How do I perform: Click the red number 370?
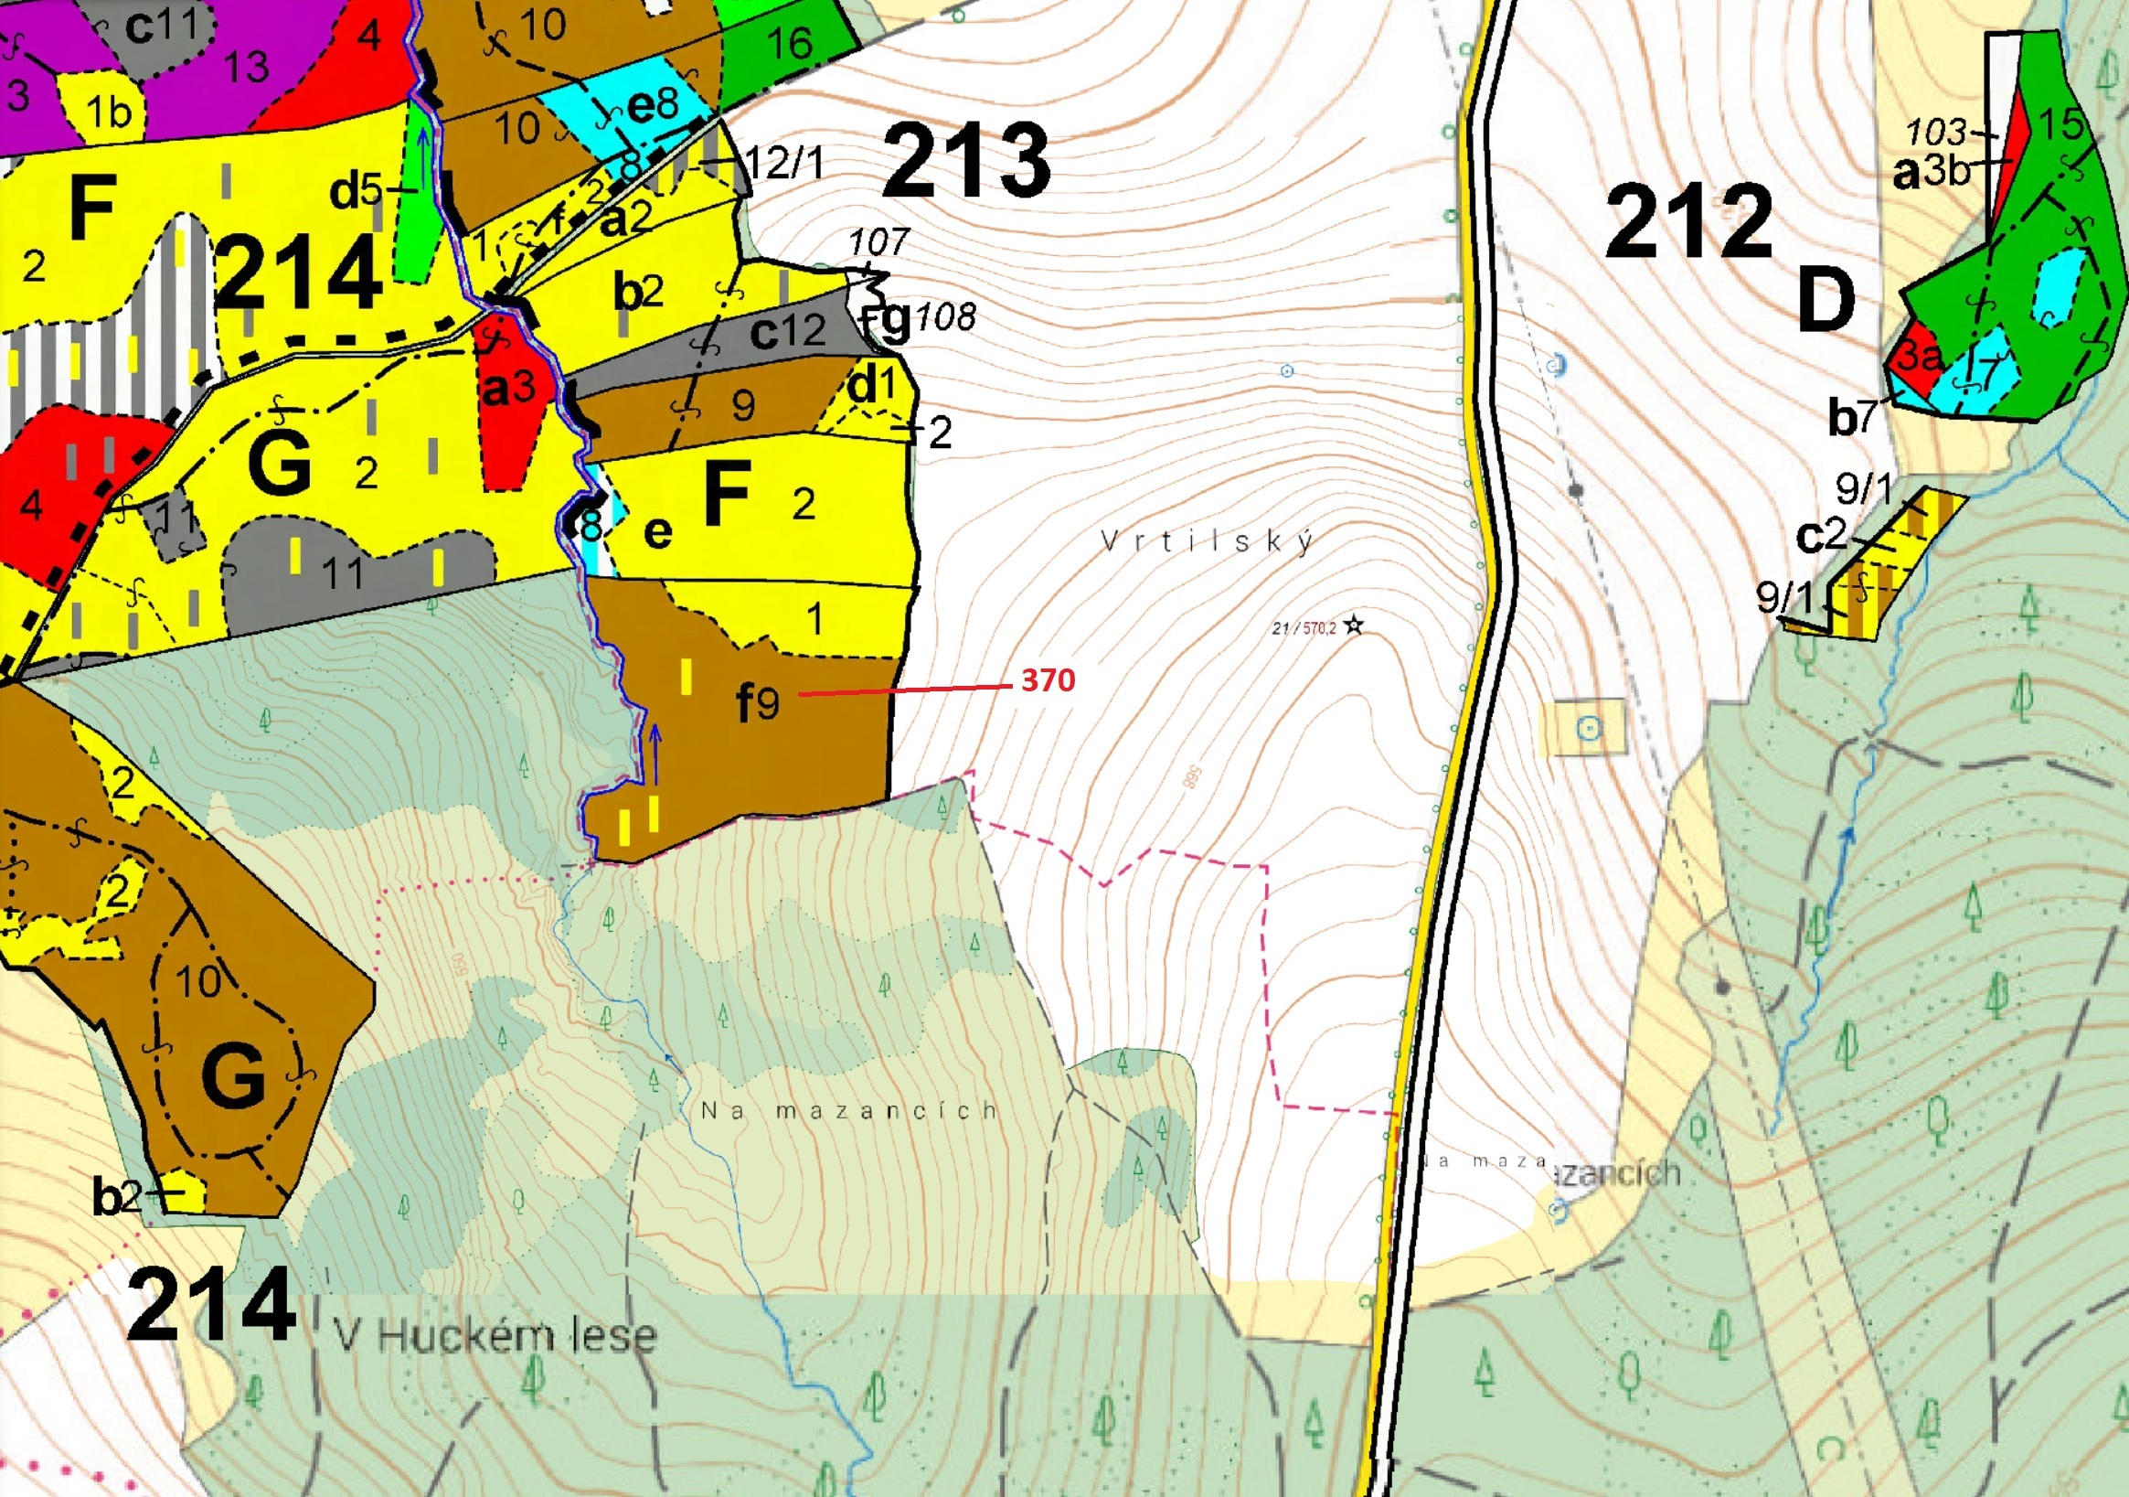pyautogui.click(x=1048, y=679)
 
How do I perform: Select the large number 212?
pyautogui.click(x=1689, y=222)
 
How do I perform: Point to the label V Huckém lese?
pyautogui.click(x=495, y=1337)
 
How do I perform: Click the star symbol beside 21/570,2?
pyautogui.click(x=1354, y=626)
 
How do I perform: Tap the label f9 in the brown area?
pyautogui.click(x=759, y=703)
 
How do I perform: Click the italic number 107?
pyautogui.click(x=878, y=243)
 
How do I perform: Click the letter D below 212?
pyautogui.click(x=1826, y=301)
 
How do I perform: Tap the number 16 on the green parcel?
pyautogui.click(x=790, y=43)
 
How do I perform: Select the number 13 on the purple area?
pyautogui.click(x=246, y=67)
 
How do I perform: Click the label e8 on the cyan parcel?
pyautogui.click(x=653, y=105)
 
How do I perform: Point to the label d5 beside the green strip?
pyautogui.click(x=357, y=192)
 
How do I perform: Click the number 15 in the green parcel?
pyautogui.click(x=2061, y=124)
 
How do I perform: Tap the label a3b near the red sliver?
pyautogui.click(x=1932, y=172)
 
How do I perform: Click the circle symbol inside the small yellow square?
pyautogui.click(x=1590, y=728)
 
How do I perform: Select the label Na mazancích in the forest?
pyautogui.click(x=848, y=1110)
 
